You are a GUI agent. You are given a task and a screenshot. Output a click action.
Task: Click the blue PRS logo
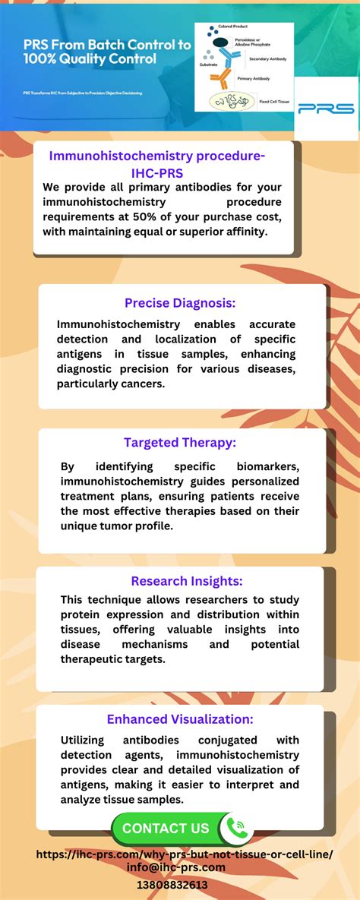pyautogui.click(x=326, y=109)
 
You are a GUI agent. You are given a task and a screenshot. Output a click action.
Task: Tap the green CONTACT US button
pyautogui.click(x=166, y=829)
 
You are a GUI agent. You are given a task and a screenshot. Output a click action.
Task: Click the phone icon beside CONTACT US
pyautogui.click(x=239, y=828)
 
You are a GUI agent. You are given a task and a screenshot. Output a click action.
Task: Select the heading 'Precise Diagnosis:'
pyautogui.click(x=179, y=303)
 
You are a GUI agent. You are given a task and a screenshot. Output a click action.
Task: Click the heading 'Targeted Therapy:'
pyautogui.click(x=181, y=442)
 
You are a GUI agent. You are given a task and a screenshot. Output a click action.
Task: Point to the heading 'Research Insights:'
pyautogui.click(x=187, y=581)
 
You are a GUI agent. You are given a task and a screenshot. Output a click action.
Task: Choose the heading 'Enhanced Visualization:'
pyautogui.click(x=180, y=719)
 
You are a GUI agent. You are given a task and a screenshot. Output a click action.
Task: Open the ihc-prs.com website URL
pyautogui.click(x=185, y=854)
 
